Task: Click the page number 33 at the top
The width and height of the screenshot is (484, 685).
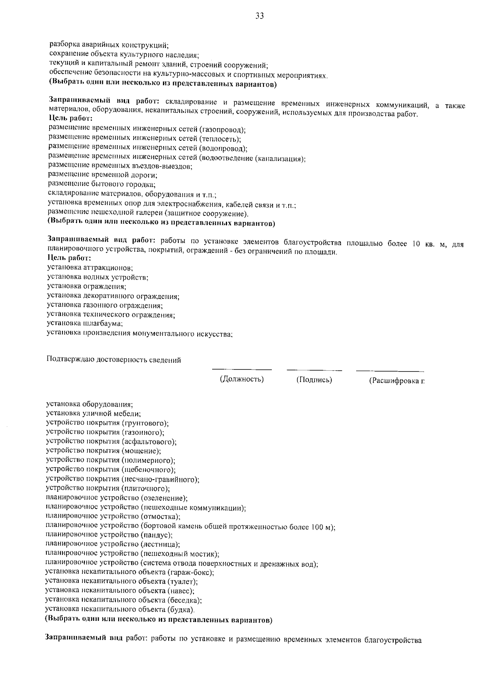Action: point(259,16)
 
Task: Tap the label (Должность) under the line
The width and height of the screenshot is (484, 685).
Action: point(242,379)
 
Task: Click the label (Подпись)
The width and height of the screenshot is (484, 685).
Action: point(314,380)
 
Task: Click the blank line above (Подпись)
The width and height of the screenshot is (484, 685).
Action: point(314,370)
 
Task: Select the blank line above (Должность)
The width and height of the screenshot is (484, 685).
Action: point(242,369)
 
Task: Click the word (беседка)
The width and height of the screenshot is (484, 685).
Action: point(184,600)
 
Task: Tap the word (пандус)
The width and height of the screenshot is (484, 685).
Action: point(156,535)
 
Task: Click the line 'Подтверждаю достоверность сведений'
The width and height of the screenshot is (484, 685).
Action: point(114,360)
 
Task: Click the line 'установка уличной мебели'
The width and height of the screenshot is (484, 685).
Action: point(93,414)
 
